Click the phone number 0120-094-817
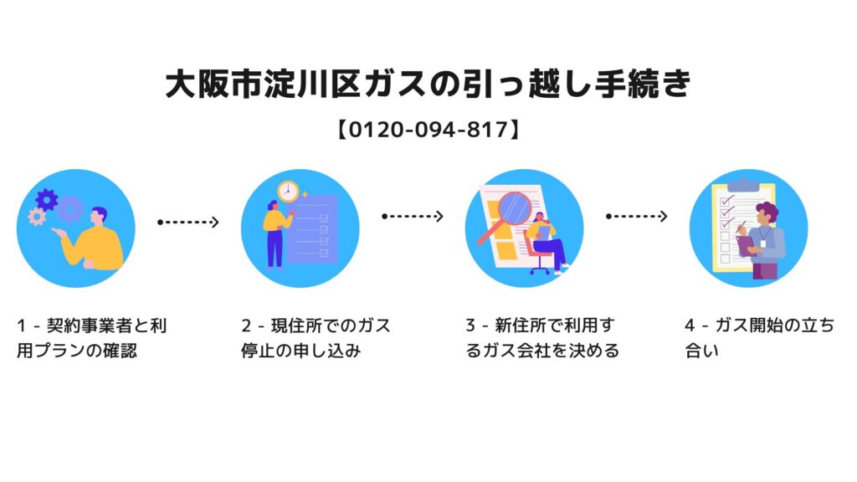(428, 130)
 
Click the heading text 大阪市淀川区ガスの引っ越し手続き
(428, 85)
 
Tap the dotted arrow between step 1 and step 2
(188, 222)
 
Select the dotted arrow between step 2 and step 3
(412, 217)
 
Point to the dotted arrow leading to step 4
(636, 217)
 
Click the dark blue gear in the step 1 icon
(47, 199)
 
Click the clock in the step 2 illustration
(288, 191)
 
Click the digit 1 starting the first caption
(21, 326)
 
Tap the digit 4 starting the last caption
(689, 326)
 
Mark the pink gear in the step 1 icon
(36, 217)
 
